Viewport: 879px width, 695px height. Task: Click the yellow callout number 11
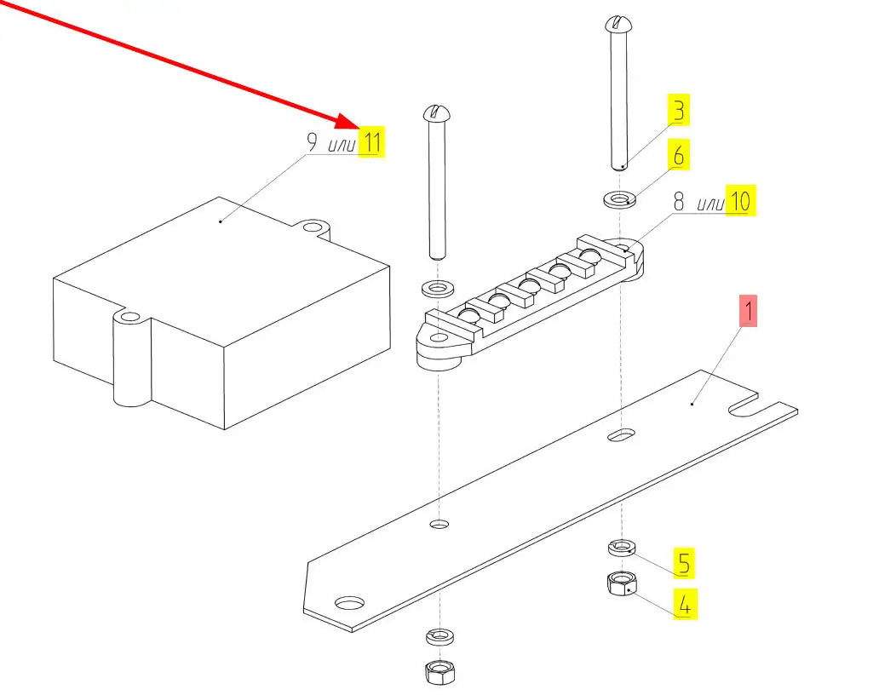371,141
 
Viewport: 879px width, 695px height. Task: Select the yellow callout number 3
678,111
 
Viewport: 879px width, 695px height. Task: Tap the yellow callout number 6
678,156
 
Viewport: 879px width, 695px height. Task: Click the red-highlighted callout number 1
747,312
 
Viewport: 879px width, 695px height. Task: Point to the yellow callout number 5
684,562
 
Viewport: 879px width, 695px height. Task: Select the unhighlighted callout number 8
679,202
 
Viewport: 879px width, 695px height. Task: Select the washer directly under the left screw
436,286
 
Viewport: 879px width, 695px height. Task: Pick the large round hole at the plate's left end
349,603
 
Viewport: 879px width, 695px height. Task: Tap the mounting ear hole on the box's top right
315,227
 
